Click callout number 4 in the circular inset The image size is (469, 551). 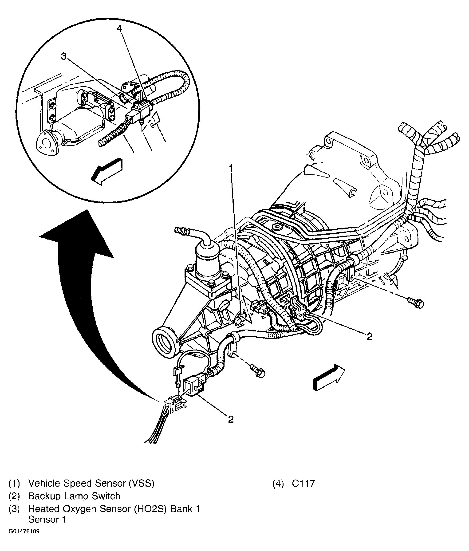(x=120, y=28)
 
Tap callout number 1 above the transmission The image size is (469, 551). (x=231, y=168)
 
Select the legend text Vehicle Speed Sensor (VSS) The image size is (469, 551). (x=91, y=484)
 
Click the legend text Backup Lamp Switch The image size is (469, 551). (x=74, y=496)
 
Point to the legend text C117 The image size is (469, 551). (x=303, y=484)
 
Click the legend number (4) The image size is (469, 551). (x=278, y=484)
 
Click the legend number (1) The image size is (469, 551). (x=14, y=484)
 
